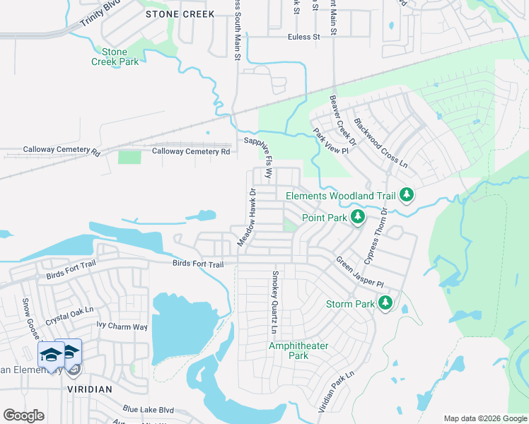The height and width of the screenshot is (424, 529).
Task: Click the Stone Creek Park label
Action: point(114,57)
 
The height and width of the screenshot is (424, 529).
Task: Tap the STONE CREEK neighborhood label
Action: point(170,13)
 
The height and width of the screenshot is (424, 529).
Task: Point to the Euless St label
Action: point(304,37)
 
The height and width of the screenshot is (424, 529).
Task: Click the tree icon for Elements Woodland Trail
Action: point(406,194)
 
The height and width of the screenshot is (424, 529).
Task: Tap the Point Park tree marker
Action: point(358,217)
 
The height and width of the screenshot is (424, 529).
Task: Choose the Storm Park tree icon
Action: point(385,304)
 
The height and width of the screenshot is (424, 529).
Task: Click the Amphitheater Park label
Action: point(288,351)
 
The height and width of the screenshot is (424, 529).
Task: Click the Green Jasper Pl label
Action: point(359,272)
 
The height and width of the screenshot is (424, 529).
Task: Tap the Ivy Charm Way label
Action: point(122,326)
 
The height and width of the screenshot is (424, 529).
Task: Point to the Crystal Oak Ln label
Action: point(69,315)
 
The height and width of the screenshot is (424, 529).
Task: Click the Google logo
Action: point(23,416)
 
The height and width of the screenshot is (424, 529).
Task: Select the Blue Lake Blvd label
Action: point(148,408)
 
